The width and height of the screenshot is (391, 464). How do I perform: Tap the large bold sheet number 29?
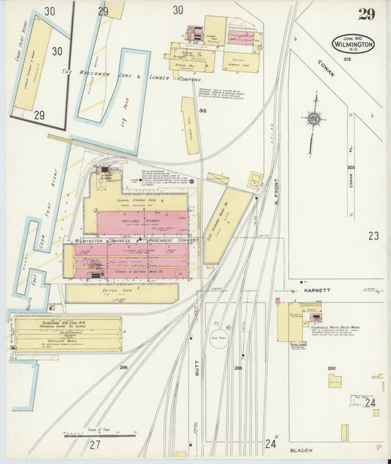tap(368, 14)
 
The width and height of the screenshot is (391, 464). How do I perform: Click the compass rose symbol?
tap(313, 118)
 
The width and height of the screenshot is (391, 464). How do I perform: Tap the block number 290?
tap(331, 368)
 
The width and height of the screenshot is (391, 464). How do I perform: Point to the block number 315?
tap(202, 111)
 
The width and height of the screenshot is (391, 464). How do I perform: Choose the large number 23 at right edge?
tap(373, 236)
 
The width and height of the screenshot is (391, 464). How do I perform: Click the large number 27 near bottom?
tap(95, 445)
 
